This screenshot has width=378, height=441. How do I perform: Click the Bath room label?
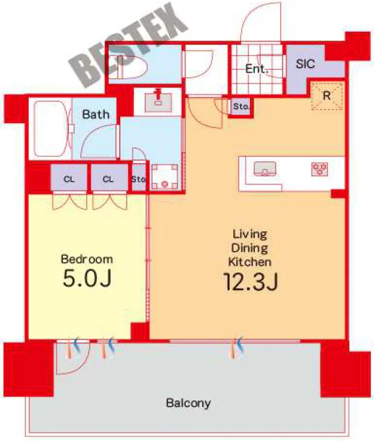pos(96,114)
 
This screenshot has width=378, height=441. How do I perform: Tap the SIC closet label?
pos(305,64)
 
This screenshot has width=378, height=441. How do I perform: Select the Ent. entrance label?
pos(257,69)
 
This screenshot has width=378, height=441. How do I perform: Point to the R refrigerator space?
pos(327,96)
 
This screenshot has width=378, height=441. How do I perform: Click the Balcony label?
pos(188,403)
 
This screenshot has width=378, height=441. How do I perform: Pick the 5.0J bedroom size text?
pos(87,278)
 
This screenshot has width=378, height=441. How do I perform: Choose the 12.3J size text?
pos(251,281)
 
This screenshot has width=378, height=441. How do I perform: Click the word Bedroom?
pos(87,259)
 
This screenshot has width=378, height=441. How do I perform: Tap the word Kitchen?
pos(249,262)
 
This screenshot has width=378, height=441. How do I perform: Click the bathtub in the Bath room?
pos(50,129)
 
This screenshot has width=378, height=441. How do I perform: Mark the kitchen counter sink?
pos(265,169)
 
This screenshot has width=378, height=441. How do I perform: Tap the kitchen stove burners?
pos(319,169)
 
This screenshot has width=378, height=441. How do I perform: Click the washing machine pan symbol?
pos(164,177)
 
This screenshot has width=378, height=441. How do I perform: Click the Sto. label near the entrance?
pos(241,106)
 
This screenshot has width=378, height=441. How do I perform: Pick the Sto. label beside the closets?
pos(139,179)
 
